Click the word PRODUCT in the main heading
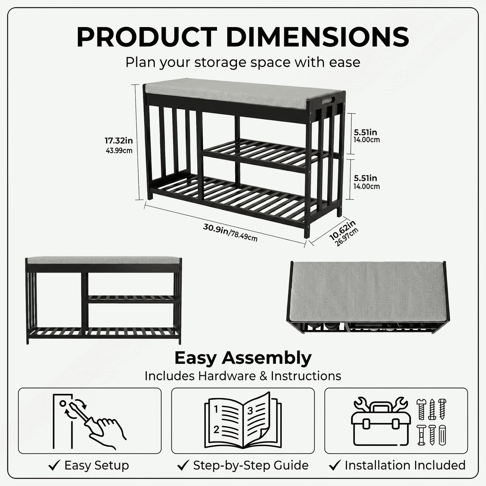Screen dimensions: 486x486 pyautogui.click(x=147, y=37)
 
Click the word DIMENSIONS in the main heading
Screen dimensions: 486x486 pyautogui.click(x=318, y=37)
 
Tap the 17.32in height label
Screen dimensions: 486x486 pyautogui.click(x=119, y=141)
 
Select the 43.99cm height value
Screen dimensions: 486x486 pyautogui.click(x=119, y=151)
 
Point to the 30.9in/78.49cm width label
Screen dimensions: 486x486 pyautogui.click(x=230, y=232)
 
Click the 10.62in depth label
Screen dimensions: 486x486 pyautogui.click(x=342, y=230)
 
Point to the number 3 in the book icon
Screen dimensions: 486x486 pyautogui.click(x=250, y=411)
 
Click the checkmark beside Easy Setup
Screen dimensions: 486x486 pyautogui.click(x=55, y=465)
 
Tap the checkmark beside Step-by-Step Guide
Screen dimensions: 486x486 pyautogui.click(x=183, y=465)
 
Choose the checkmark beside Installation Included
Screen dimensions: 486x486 pyautogui.click(x=335, y=465)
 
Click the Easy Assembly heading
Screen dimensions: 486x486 pyautogui.click(x=243, y=358)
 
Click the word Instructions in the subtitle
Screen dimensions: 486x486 pyautogui.click(x=306, y=376)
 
